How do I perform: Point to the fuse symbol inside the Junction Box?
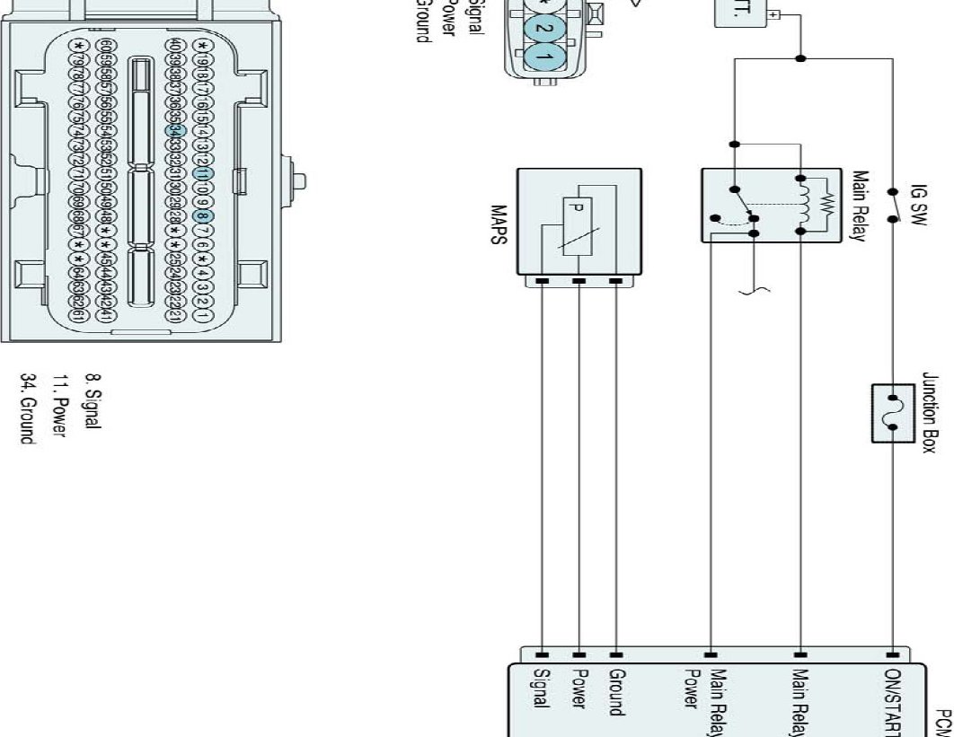[893, 413]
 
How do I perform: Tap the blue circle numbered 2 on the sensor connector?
[541, 27]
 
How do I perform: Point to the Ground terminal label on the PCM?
[616, 691]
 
